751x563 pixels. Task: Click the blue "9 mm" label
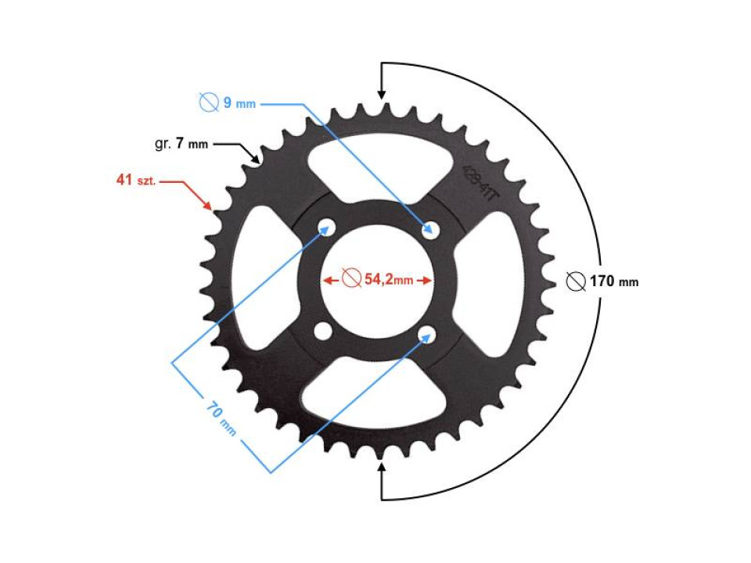tap(239, 102)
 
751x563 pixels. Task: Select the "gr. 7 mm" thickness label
tap(181, 144)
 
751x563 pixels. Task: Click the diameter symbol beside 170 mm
tap(576, 281)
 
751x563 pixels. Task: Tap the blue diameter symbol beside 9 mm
tap(208, 102)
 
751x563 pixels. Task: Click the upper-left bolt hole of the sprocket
tap(325, 228)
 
